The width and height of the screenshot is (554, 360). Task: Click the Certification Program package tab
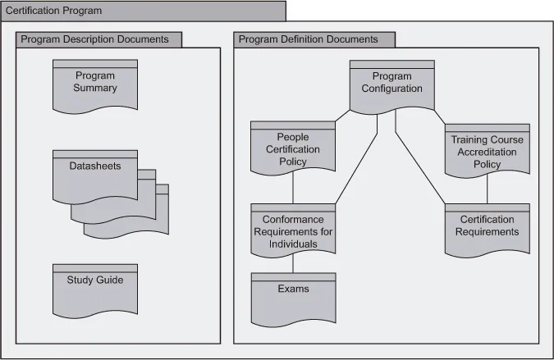point(143,11)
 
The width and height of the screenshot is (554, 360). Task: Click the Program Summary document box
point(95,84)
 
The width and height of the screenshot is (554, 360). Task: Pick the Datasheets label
point(94,166)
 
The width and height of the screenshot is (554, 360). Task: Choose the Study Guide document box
point(95,289)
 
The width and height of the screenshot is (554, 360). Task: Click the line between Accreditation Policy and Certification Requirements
point(488,190)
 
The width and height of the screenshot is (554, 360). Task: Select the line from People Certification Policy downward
point(293,189)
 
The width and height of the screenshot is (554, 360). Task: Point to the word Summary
point(95,89)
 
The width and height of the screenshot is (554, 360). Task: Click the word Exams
point(293,289)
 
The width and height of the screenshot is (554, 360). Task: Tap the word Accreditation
point(487,152)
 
